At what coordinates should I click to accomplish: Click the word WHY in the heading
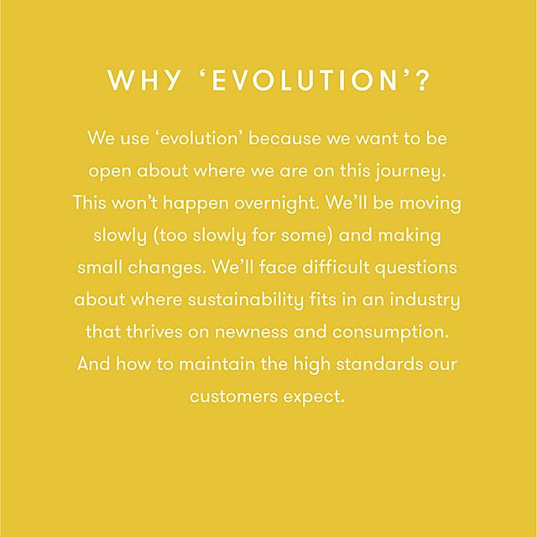(x=144, y=81)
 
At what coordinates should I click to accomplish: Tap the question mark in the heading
(x=423, y=81)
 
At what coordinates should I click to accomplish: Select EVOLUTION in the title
(x=304, y=81)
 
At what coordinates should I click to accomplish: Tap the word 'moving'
(x=430, y=204)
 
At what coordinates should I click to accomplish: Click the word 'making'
(x=409, y=236)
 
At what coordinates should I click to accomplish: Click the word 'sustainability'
(x=246, y=300)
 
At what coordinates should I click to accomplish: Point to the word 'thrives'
(x=154, y=332)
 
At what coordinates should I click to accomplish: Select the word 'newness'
(x=252, y=332)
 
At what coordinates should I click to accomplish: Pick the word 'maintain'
(x=216, y=364)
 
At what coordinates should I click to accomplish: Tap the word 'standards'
(x=379, y=364)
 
